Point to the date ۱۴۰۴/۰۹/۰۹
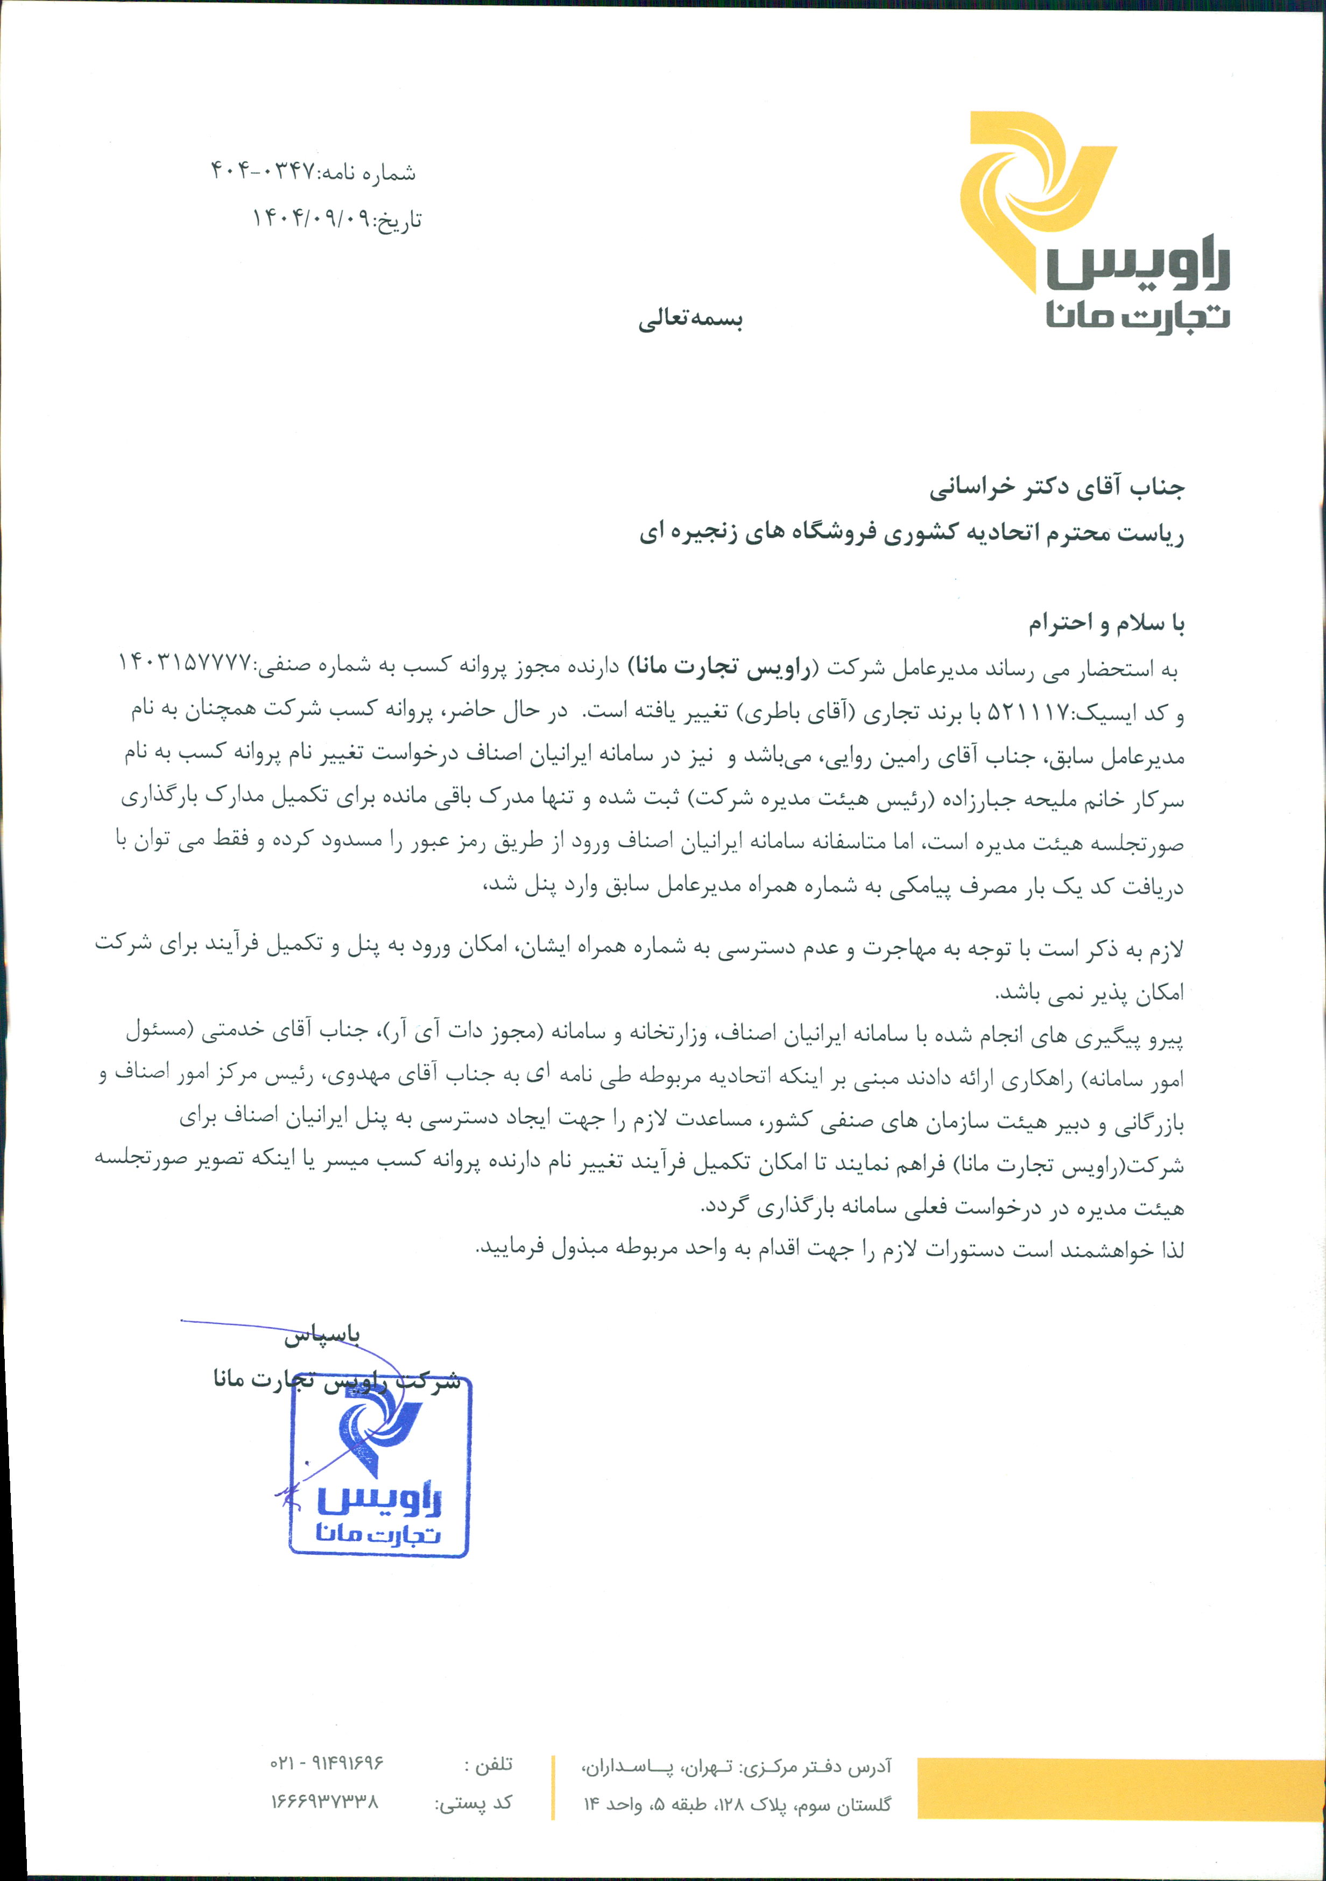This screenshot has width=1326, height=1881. pyautogui.click(x=311, y=219)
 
